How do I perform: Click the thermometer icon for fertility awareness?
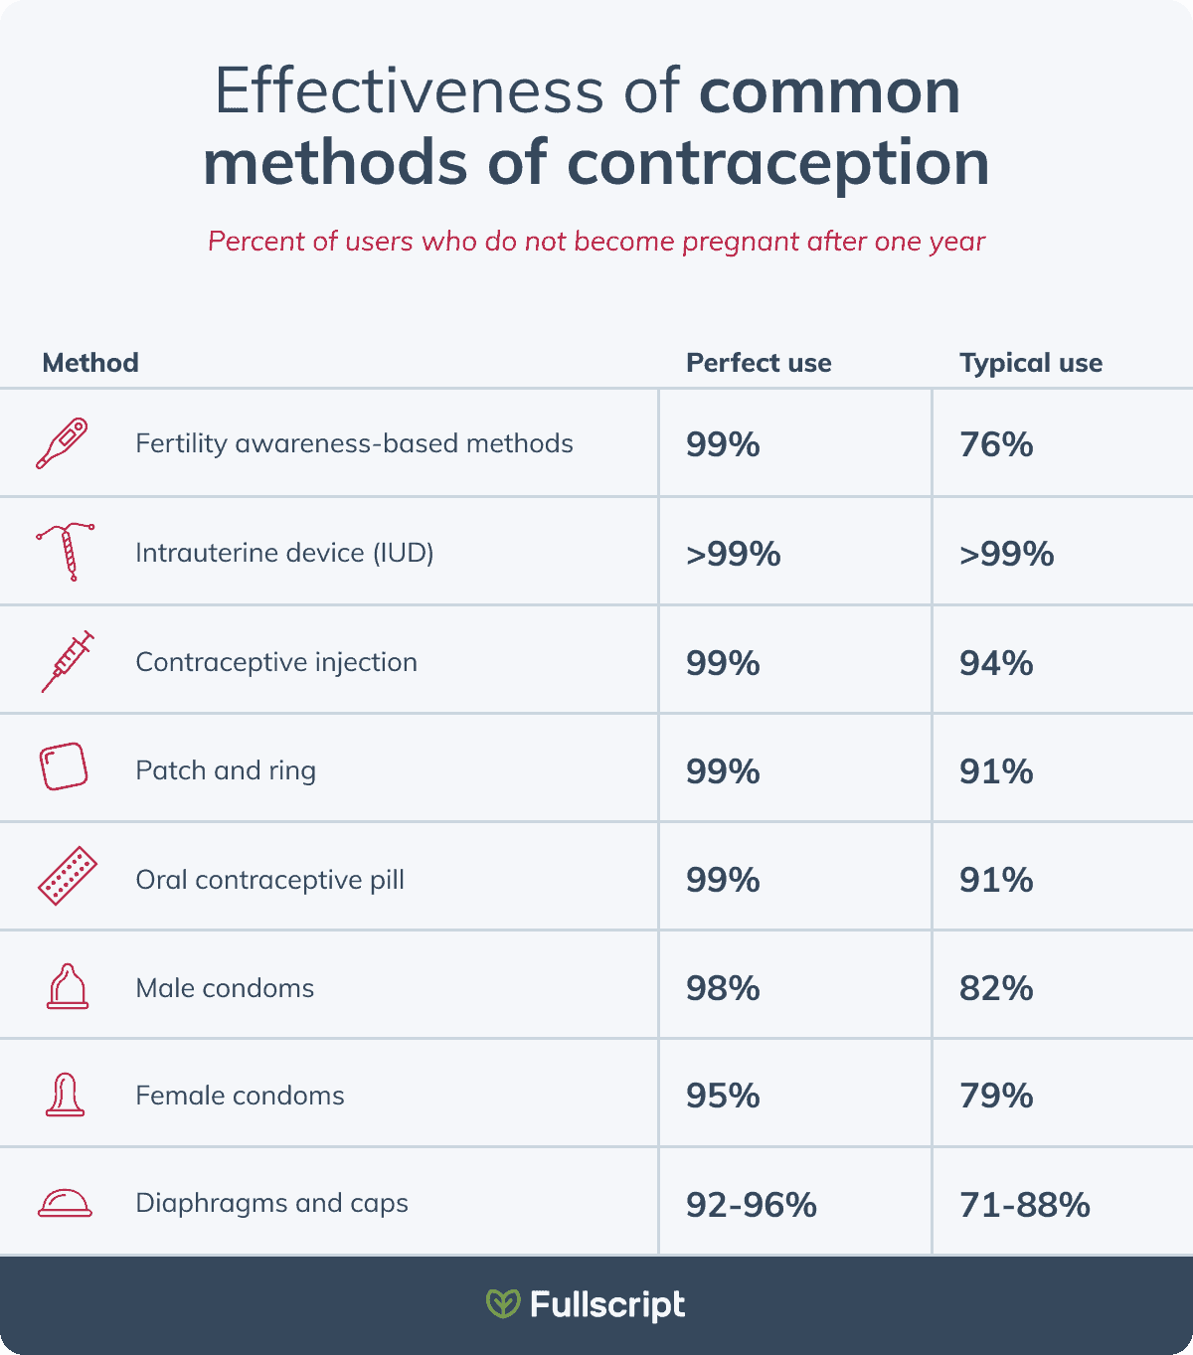tap(62, 443)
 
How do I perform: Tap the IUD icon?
tap(67, 552)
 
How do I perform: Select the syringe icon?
tap(67, 661)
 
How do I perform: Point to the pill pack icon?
tap(67, 877)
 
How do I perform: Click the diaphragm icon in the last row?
tap(65, 1203)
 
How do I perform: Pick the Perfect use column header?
tap(759, 363)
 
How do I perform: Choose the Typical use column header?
tap(1031, 363)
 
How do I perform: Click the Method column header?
tap(90, 363)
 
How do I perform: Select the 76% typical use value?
tap(996, 444)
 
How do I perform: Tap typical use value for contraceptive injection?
tap(996, 663)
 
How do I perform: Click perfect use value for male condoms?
tap(723, 988)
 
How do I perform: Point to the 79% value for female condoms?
tap(996, 1096)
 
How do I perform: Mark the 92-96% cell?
tap(752, 1205)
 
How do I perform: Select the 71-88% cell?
tap(1025, 1205)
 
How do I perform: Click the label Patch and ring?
tap(226, 770)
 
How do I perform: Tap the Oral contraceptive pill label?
tap(269, 880)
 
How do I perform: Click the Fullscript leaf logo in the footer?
tap(503, 1303)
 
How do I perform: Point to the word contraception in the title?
tap(778, 163)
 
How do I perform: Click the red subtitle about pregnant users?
tap(596, 242)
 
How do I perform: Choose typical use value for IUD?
tap(1006, 554)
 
